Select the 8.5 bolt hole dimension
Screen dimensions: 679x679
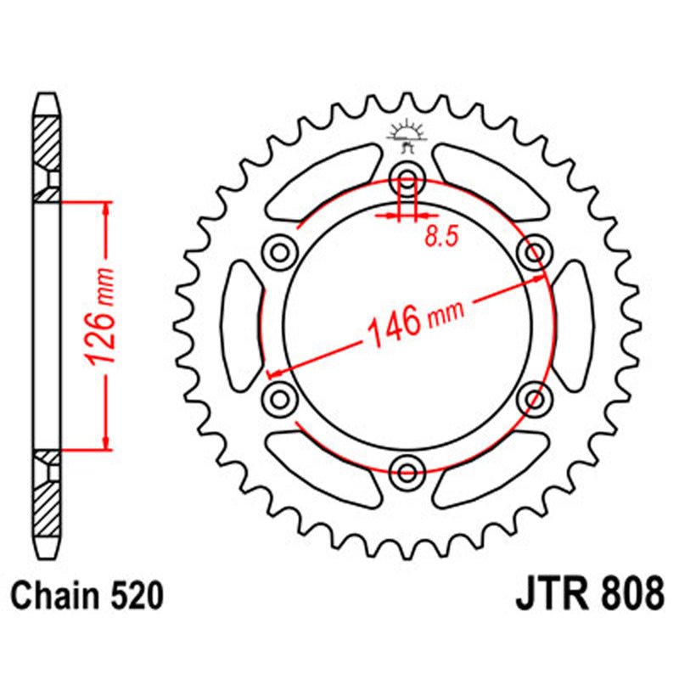click(x=441, y=237)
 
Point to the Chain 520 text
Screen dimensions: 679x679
click(x=88, y=596)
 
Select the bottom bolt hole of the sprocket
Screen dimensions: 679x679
click(x=407, y=471)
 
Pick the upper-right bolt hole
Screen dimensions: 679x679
click(x=536, y=252)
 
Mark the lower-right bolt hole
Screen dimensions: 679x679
click(x=536, y=398)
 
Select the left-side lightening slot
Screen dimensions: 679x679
click(x=241, y=326)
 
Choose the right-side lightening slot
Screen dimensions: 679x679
click(x=574, y=326)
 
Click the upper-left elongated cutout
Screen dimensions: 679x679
click(x=323, y=181)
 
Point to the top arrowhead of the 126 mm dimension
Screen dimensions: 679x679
click(x=105, y=208)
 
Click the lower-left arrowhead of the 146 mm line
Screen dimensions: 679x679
click(x=274, y=372)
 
